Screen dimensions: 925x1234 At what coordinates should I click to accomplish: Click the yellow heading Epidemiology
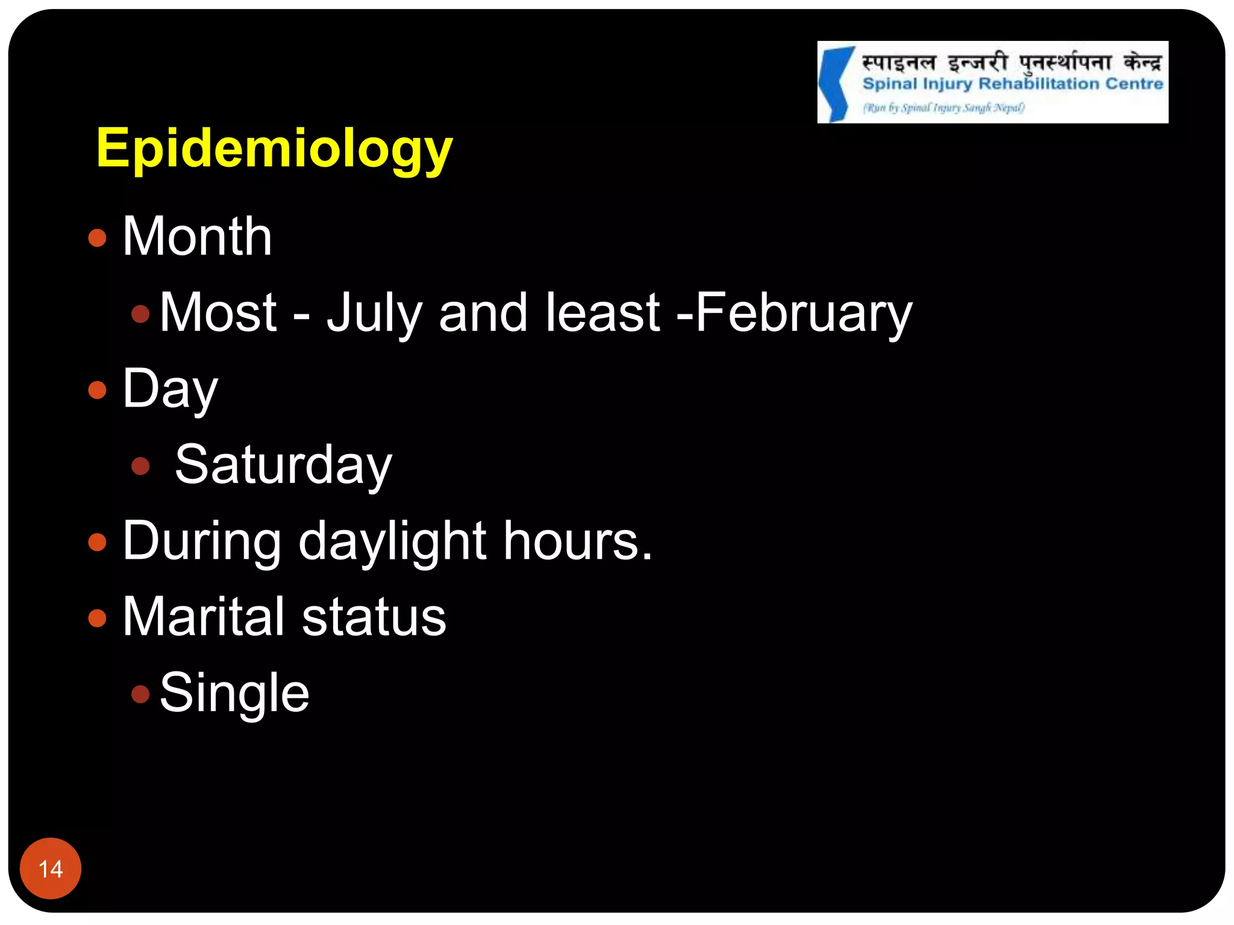click(x=274, y=148)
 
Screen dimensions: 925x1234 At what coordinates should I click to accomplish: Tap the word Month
click(x=197, y=236)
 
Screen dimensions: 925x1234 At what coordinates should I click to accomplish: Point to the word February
click(x=804, y=313)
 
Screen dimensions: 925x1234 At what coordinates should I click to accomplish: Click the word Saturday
click(x=283, y=464)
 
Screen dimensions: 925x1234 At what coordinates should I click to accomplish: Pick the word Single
click(x=234, y=693)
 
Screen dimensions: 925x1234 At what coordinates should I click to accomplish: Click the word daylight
click(x=392, y=541)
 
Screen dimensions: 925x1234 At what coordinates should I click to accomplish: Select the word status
click(x=374, y=617)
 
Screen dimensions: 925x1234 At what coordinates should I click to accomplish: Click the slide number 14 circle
click(x=51, y=868)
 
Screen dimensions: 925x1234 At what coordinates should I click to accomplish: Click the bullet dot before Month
click(x=97, y=238)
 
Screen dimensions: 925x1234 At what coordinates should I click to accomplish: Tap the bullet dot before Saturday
click(x=140, y=466)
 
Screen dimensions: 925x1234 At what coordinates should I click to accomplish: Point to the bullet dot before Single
click(x=140, y=694)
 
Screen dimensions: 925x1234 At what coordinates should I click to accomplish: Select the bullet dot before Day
click(x=97, y=390)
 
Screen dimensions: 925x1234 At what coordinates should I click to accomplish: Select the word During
click(x=202, y=541)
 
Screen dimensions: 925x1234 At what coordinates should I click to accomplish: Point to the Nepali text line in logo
click(x=1011, y=62)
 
